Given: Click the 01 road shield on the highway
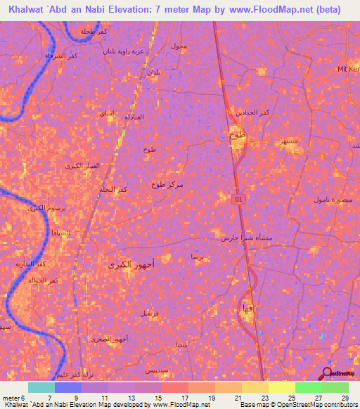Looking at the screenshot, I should [x=238, y=200].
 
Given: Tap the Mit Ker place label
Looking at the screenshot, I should [x=348, y=69].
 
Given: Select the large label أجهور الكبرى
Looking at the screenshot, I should [x=131, y=264].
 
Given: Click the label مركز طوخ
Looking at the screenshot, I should [x=167, y=184].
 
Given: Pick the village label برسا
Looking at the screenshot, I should [x=198, y=257].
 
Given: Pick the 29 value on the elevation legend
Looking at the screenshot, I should [x=345, y=398].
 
